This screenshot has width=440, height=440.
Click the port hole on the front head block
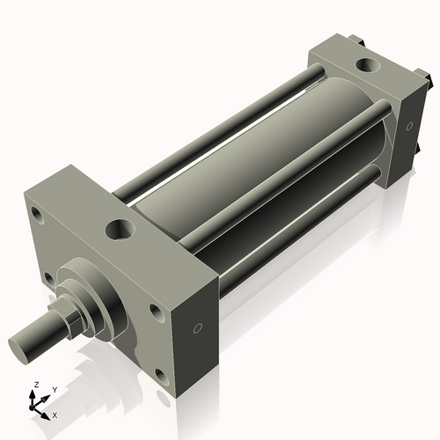(x=119, y=231)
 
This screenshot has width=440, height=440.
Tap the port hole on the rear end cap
(x=363, y=65)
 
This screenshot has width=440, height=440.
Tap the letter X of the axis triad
(x=55, y=414)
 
